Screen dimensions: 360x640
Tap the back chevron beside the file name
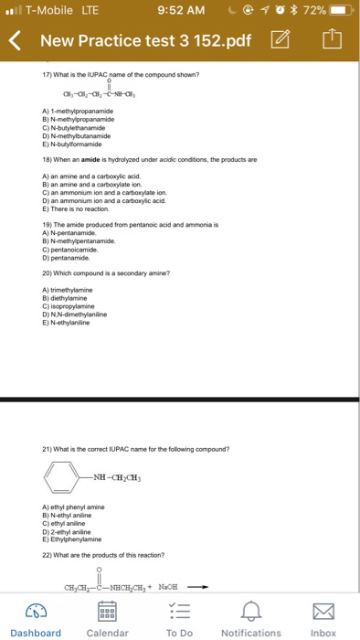tap(15, 40)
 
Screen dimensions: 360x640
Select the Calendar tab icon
tap(107, 609)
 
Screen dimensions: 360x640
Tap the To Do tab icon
tap(179, 609)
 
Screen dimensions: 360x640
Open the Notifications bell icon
tap(251, 609)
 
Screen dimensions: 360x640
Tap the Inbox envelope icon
tap(323, 609)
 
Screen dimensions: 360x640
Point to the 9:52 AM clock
tap(180, 11)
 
